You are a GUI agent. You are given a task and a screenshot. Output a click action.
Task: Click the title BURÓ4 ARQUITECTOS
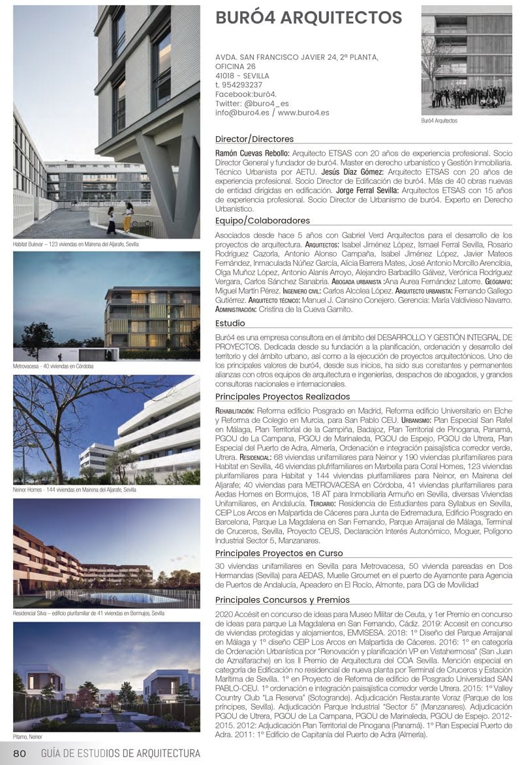pos(309,18)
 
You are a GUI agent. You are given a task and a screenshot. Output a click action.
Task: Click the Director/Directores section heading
pos(254,139)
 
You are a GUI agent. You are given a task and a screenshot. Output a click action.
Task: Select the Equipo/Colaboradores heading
pos(262,221)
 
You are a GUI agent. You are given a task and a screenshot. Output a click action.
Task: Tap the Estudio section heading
pos(230,323)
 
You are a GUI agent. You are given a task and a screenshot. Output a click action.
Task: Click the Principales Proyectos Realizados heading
pos(283,396)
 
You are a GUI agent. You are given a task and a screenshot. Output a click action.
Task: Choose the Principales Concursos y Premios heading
pos(283,599)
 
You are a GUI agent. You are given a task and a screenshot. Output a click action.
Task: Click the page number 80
pos(19,754)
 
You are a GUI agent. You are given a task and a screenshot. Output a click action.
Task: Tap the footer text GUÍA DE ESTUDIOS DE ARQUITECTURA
pos(121,754)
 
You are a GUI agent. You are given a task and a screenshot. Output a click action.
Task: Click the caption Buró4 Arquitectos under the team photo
pos(439,121)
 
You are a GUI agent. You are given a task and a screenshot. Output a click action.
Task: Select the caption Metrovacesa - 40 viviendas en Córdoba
pos(54,367)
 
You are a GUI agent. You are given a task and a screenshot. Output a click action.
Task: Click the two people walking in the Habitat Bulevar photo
pos(119,218)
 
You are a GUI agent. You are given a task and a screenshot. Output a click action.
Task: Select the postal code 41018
pos(226,76)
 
